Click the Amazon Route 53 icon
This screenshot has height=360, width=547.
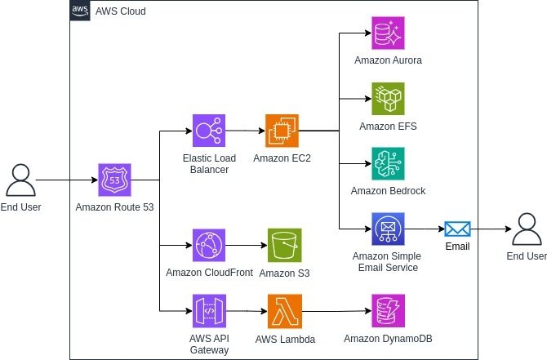(114, 180)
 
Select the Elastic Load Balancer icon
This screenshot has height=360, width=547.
(209, 131)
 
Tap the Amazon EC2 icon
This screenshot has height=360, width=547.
(282, 131)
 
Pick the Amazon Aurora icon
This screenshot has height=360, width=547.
(389, 33)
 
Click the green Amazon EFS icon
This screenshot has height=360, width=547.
(389, 99)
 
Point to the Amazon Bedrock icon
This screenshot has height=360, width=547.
(389, 164)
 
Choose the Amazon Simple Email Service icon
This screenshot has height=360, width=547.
(389, 229)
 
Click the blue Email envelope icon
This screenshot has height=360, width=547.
(457, 229)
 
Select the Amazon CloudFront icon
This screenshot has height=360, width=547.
(209, 246)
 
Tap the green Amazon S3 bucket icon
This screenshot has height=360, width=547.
(285, 246)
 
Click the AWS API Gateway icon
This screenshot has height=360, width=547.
(209, 311)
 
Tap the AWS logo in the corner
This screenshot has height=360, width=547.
(80, 11)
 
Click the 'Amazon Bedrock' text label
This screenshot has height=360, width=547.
(388, 191)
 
